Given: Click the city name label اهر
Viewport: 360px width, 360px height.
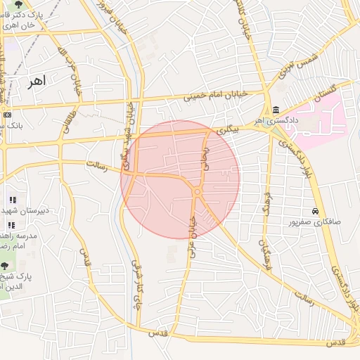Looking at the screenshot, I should [x=34, y=82].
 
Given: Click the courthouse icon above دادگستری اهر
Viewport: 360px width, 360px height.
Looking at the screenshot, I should [x=275, y=110].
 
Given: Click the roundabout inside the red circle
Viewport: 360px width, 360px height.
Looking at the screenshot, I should [x=198, y=191].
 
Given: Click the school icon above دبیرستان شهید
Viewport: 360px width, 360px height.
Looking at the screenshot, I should [x=12, y=200].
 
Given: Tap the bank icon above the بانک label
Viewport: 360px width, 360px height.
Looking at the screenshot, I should [x=7, y=115].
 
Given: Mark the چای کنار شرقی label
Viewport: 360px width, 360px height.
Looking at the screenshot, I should [x=136, y=285].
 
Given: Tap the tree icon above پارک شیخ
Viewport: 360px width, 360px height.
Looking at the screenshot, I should [x=5, y=266].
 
